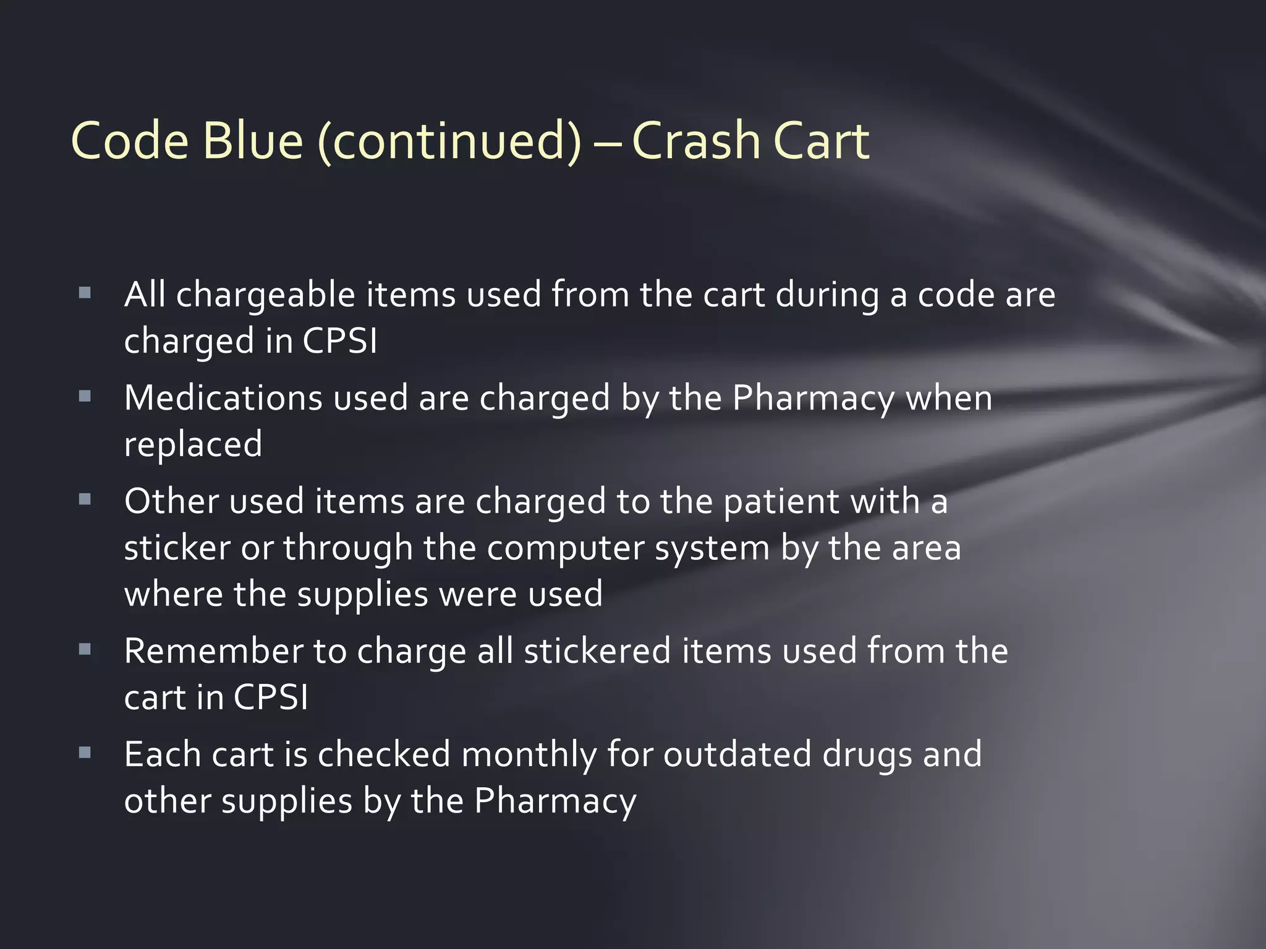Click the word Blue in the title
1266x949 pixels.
(x=253, y=141)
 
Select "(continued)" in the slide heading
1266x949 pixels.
(x=449, y=142)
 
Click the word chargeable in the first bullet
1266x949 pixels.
(x=265, y=295)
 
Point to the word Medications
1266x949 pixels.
(x=223, y=397)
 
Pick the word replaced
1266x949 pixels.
(x=193, y=445)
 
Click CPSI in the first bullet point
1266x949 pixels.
(x=339, y=340)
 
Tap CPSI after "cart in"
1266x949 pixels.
(x=271, y=698)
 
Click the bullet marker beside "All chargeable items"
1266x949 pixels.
(x=85, y=293)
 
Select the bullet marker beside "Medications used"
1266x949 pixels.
(x=85, y=396)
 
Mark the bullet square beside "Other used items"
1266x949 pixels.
(x=85, y=499)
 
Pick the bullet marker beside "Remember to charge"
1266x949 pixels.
(x=85, y=649)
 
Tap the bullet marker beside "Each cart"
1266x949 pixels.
(x=85, y=753)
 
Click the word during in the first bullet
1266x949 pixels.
(x=827, y=295)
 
